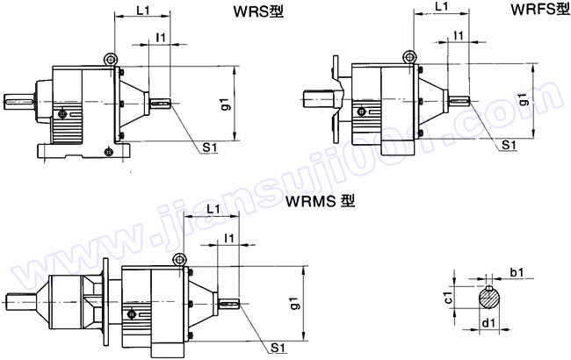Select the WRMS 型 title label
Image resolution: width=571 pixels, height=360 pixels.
[x=320, y=201]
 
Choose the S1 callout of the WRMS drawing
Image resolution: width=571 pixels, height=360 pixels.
[x=278, y=348]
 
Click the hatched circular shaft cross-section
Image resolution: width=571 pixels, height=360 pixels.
[x=490, y=299]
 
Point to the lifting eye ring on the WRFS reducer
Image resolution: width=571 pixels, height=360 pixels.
[x=408, y=54]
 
